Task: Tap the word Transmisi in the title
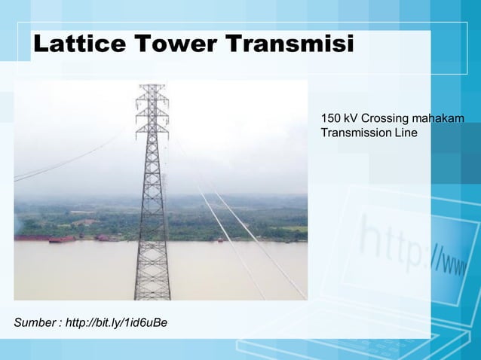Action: tap(291, 44)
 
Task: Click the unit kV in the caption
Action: tap(352, 119)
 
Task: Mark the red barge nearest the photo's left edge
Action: tap(30, 238)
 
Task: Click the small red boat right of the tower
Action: tap(219, 239)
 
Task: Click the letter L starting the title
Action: tap(42, 44)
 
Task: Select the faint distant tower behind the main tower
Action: tap(164, 188)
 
